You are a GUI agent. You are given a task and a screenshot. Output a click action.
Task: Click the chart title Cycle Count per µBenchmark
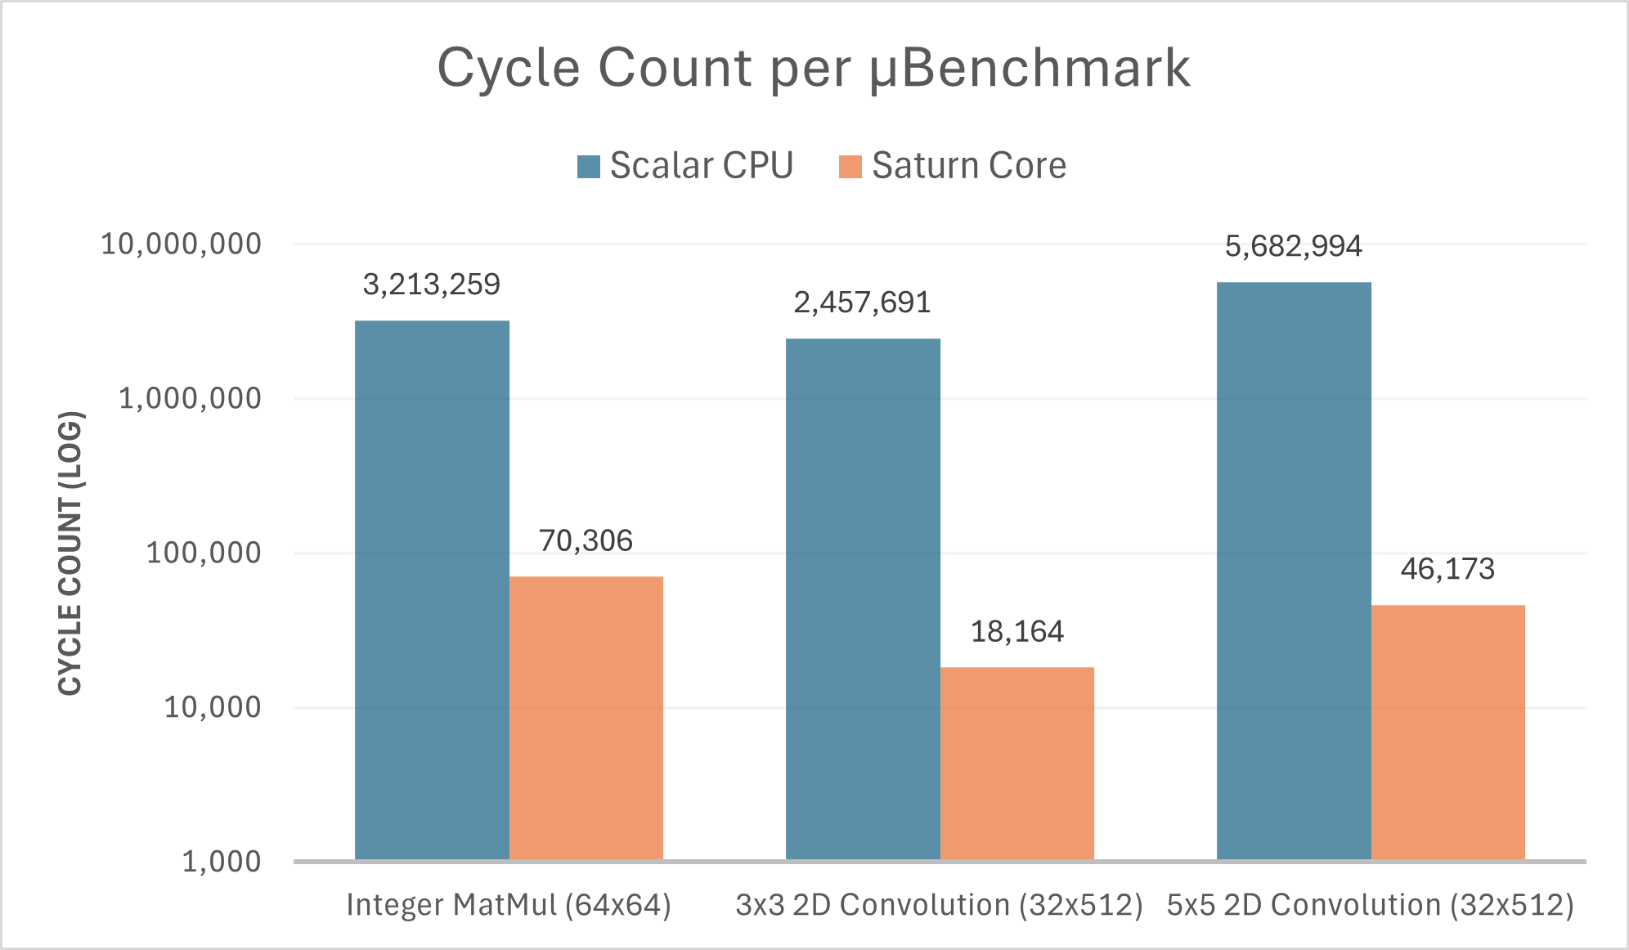[x=814, y=68]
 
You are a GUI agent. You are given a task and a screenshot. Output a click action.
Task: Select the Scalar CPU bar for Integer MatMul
[x=432, y=589]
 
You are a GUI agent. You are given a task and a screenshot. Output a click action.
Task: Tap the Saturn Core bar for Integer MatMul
[x=586, y=718]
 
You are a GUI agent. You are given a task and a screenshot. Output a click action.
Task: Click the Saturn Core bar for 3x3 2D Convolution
[x=1016, y=763]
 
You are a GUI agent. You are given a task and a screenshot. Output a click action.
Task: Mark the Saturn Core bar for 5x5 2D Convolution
[x=1447, y=732]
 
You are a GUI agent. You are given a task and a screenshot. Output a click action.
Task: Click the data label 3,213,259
[x=431, y=285]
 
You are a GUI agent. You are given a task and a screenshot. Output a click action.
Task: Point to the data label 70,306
[x=586, y=540]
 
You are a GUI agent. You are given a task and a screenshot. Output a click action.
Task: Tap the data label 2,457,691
[x=862, y=302]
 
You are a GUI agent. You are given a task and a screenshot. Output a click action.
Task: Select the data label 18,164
[x=1016, y=631]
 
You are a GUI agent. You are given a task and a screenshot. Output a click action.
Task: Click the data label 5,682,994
[x=1293, y=246]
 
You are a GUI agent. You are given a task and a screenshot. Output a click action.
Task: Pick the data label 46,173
[x=1447, y=569]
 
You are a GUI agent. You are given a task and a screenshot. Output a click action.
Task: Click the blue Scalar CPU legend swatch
[x=589, y=167]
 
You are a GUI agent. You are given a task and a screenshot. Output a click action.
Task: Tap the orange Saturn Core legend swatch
[x=850, y=167]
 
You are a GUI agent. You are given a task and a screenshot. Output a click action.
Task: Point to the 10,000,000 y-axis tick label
[x=181, y=244]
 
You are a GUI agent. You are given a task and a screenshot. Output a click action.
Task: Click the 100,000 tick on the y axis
[x=204, y=553]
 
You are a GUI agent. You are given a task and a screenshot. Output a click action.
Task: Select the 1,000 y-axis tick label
[x=221, y=861]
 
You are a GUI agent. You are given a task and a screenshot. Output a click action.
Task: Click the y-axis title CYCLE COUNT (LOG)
[x=70, y=553]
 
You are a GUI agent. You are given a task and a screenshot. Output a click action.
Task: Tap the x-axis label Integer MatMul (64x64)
[x=509, y=905]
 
